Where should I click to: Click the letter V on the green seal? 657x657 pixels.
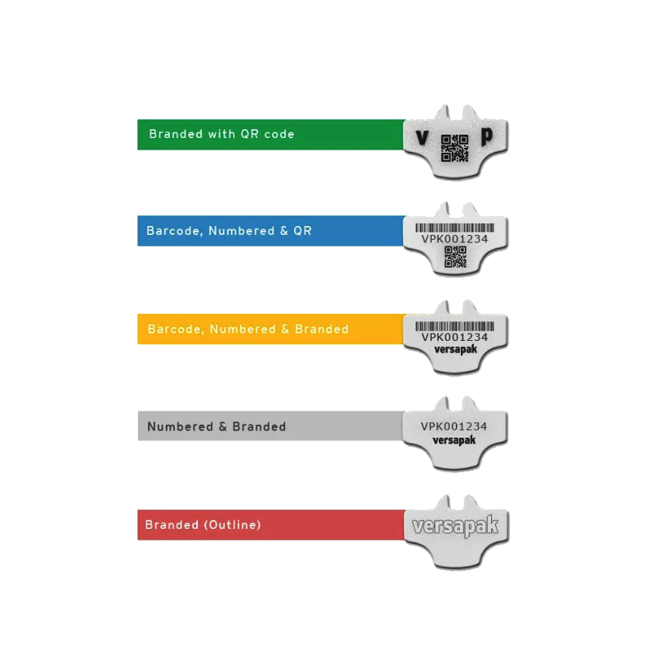[422, 137]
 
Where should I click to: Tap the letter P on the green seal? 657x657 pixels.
[486, 137]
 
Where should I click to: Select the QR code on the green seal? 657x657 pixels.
[455, 148]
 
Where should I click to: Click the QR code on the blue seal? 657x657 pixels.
[455, 257]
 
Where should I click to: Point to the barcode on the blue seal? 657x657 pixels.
[455, 228]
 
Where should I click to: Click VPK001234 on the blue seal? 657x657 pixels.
[455, 239]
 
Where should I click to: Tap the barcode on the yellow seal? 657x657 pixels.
[455, 326]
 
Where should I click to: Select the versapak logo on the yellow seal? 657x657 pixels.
[456, 350]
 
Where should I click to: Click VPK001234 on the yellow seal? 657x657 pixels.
[455, 338]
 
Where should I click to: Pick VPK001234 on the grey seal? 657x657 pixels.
[454, 426]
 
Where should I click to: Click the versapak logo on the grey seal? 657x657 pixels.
[454, 440]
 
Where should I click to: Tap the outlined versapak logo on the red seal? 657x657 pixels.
[456, 525]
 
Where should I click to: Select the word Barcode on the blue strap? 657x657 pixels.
[174, 231]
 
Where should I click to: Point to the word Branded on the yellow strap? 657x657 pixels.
[321, 329]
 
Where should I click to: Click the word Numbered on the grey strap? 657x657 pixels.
[180, 426]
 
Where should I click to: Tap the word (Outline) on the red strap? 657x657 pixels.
[232, 525]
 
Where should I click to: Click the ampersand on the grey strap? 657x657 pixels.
[223, 427]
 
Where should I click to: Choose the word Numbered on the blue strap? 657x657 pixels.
[241, 231]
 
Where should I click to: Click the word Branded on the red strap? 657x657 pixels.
[172, 525]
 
